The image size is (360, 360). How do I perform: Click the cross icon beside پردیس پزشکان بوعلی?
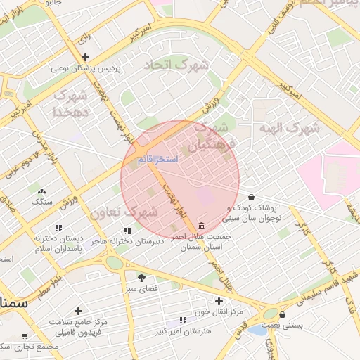click(85, 58)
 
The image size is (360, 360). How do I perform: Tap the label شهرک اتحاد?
click(176, 65)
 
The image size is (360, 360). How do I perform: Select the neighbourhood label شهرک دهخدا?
click(71, 103)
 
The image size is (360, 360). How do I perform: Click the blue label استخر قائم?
click(158, 160)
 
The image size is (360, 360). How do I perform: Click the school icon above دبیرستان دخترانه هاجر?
click(127, 230)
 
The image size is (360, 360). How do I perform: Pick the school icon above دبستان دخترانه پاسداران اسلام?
click(58, 228)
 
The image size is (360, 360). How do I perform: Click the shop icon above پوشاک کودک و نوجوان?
click(252, 197)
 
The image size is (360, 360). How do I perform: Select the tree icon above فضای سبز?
click(141, 278)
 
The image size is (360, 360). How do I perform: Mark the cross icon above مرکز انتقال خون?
click(219, 300)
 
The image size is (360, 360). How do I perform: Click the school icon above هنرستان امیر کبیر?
click(184, 320)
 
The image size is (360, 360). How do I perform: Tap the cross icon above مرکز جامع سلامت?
click(78, 310)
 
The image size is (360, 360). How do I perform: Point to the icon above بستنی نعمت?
click(283, 315)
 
